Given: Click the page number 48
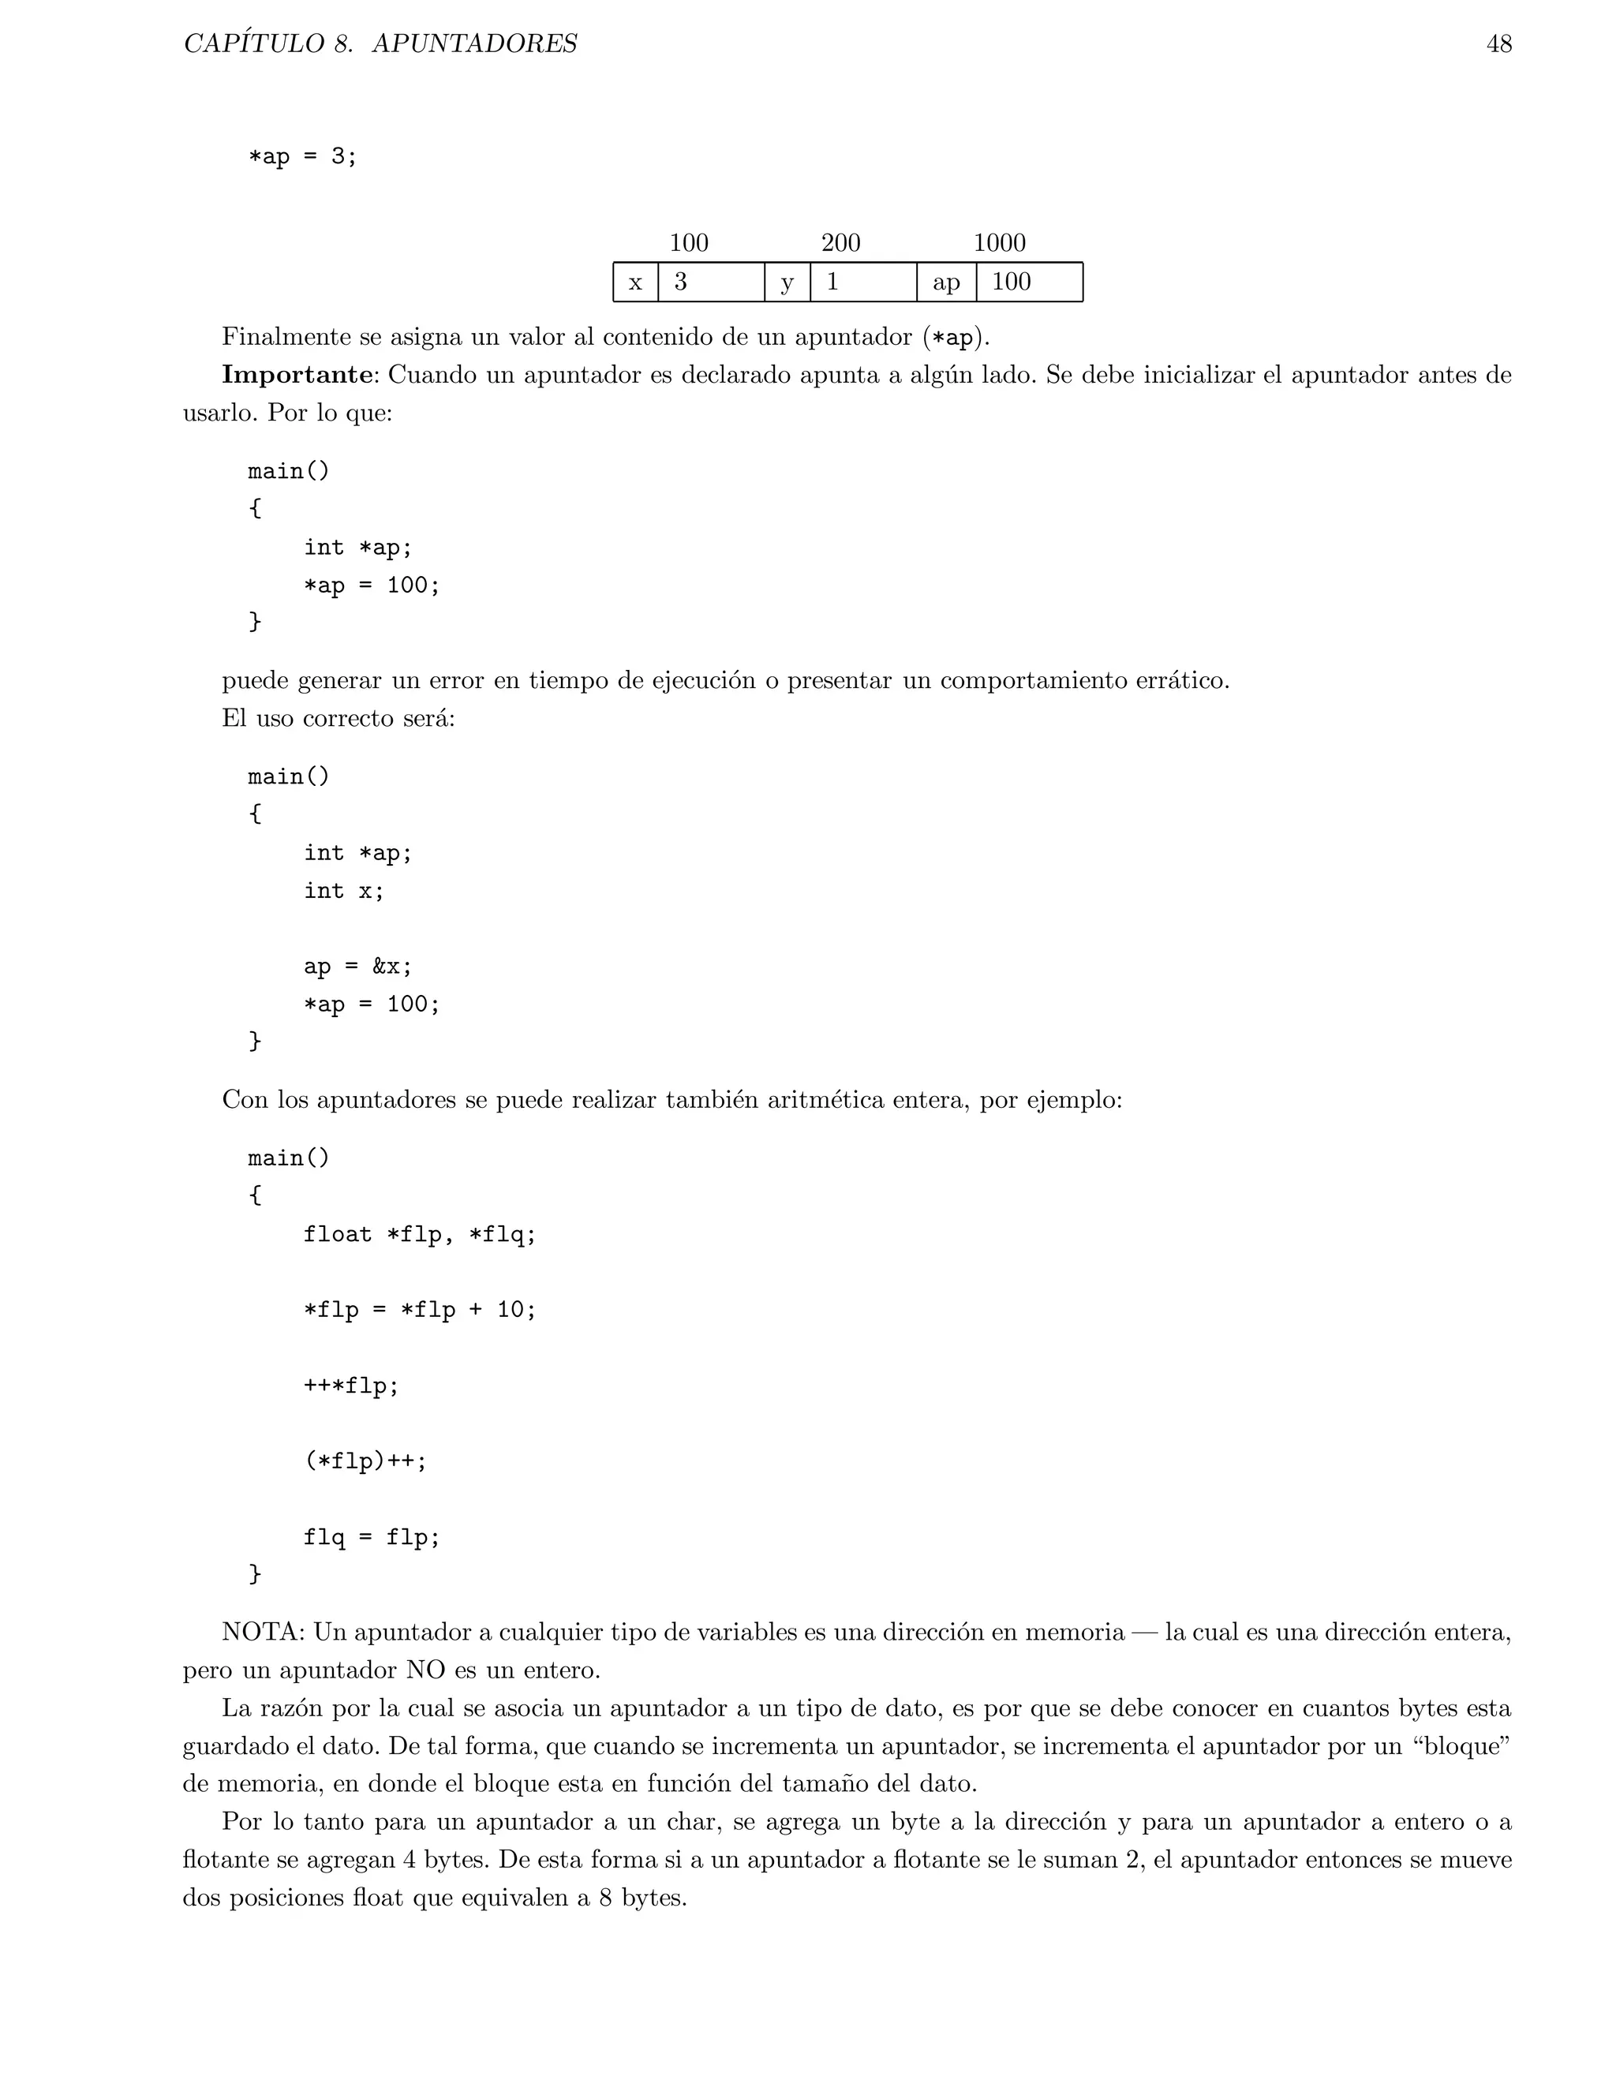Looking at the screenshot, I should tap(1498, 44).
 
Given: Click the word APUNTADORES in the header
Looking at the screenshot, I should tap(474, 44).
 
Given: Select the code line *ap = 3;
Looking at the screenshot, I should tap(302, 156).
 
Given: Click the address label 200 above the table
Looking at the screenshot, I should tap(840, 242).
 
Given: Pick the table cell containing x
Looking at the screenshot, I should tap(634, 282).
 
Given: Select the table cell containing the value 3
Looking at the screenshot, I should tap(710, 282).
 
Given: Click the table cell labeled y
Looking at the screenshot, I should tap(787, 282).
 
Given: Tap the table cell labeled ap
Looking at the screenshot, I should tap(946, 282).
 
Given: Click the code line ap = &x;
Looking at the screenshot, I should tap(358, 966).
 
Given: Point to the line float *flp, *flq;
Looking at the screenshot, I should tap(419, 1234).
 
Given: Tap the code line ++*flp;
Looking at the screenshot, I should tap(351, 1386).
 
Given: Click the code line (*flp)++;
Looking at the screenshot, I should tap(365, 1461).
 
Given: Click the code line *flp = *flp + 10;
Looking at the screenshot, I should tap(419, 1310).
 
